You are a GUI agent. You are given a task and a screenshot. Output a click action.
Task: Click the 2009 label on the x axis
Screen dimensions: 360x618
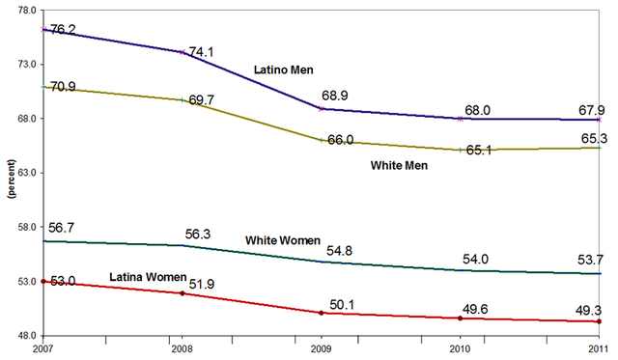tap(321, 350)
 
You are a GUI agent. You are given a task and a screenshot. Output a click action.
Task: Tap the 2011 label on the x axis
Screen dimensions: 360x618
tap(601, 350)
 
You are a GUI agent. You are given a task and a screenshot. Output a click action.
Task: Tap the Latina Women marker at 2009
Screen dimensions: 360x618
tap(321, 313)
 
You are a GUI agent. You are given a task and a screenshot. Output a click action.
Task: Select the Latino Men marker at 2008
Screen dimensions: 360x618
tap(182, 52)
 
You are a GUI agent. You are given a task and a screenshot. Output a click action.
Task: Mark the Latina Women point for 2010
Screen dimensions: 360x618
tap(460, 318)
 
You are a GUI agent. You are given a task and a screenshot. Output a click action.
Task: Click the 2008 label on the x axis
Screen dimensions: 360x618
tap(182, 350)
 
